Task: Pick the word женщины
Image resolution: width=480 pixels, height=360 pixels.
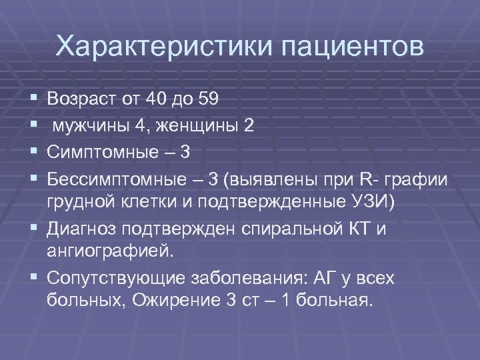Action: [199, 126]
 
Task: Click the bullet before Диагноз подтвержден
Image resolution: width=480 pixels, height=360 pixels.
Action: [33, 229]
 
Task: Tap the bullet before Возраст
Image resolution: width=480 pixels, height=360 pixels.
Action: [33, 99]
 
